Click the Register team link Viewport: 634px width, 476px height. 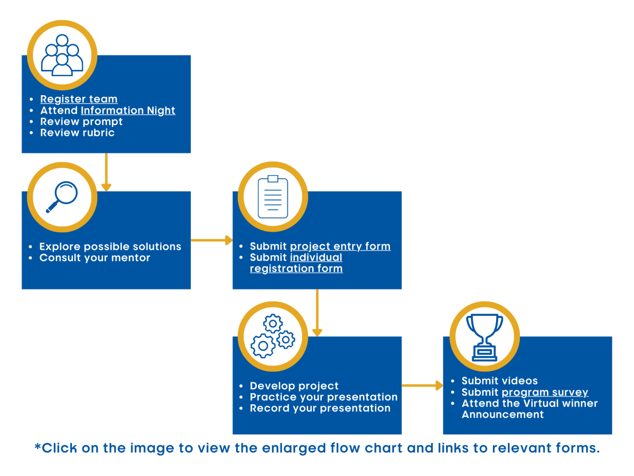[x=79, y=99]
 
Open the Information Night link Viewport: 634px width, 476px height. [x=128, y=111]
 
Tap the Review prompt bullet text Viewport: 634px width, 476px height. [x=81, y=122]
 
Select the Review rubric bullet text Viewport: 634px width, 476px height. [x=78, y=133]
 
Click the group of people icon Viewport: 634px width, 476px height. [x=62, y=55]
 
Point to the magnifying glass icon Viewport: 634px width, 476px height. [x=62, y=197]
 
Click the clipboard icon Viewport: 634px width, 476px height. [x=273, y=197]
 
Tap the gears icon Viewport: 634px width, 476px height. [x=273, y=336]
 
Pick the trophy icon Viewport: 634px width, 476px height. [x=484, y=337]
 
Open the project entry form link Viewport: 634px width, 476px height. [x=340, y=246]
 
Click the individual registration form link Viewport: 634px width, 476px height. [x=296, y=263]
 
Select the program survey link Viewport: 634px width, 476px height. [x=545, y=392]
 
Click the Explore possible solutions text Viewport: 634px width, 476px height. [x=110, y=246]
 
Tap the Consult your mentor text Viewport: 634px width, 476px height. [x=95, y=258]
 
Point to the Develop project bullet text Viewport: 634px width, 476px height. [x=294, y=386]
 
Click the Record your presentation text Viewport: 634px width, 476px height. [x=320, y=408]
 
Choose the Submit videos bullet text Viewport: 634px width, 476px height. [x=500, y=381]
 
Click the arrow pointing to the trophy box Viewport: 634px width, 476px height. [x=422, y=385]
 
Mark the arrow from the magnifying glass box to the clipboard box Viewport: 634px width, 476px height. [x=212, y=240]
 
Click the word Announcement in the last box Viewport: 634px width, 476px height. [x=502, y=415]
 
